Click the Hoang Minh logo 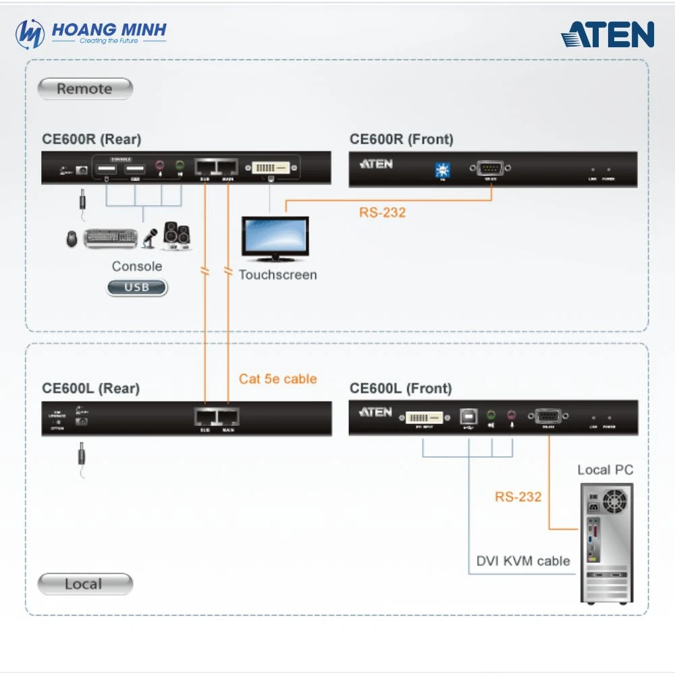click(91, 32)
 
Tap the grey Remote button click(85, 88)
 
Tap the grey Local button click(85, 584)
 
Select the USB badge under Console click(137, 288)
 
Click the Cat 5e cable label click(277, 379)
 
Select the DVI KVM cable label click(523, 561)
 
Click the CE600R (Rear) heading click(92, 140)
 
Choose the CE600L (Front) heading click(401, 389)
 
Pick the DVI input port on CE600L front click(423, 416)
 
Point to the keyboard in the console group click(111, 238)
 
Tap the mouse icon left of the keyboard click(72, 238)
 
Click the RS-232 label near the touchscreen click(383, 213)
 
